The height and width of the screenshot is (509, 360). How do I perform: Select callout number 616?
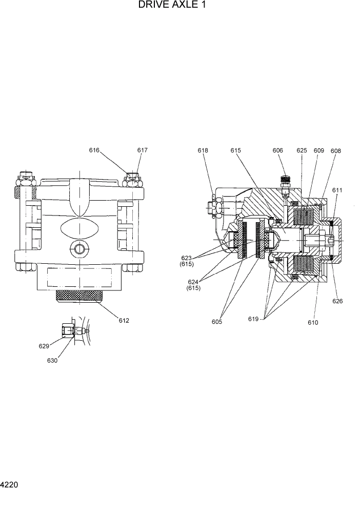tap(94, 150)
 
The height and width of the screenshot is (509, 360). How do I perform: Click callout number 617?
tap(143, 150)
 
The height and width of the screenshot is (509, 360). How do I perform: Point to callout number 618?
tap(203, 150)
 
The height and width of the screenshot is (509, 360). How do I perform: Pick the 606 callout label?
tap(277, 150)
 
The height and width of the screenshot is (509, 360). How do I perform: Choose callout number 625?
tap(302, 150)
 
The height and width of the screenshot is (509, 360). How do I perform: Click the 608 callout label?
tap(336, 151)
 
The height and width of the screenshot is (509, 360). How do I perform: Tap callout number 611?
tap(337, 190)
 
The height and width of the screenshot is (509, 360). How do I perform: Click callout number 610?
tap(313, 323)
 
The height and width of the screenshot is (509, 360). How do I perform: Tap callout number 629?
tap(44, 346)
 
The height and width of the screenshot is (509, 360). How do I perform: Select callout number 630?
tap(52, 360)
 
